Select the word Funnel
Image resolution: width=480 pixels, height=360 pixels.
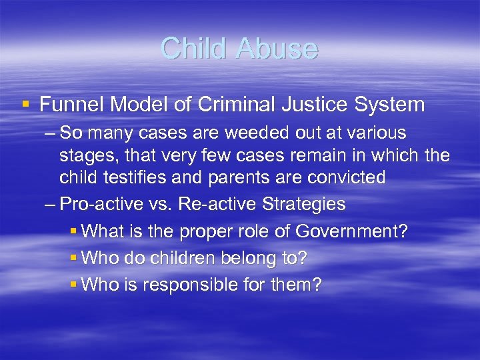point(71,105)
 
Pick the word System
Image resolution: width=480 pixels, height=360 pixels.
point(391,105)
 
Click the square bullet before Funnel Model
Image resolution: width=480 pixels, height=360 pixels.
point(25,105)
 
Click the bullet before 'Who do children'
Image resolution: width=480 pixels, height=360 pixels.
point(73,258)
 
